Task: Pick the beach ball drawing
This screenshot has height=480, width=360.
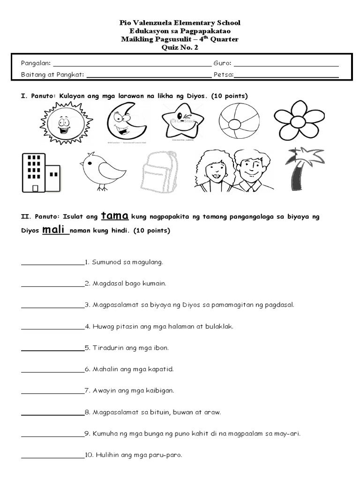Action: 238,121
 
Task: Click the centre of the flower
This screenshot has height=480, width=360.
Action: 299,121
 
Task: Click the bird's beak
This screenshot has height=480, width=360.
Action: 82,164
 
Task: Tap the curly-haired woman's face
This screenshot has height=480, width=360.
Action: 212,172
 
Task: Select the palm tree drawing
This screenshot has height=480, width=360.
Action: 300,169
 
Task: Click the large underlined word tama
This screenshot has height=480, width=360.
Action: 115,216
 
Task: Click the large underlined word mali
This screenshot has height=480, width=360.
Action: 54,230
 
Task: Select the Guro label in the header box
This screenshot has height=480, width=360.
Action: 222,63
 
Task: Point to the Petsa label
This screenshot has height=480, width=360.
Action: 223,75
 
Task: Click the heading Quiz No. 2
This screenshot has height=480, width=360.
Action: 180,48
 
